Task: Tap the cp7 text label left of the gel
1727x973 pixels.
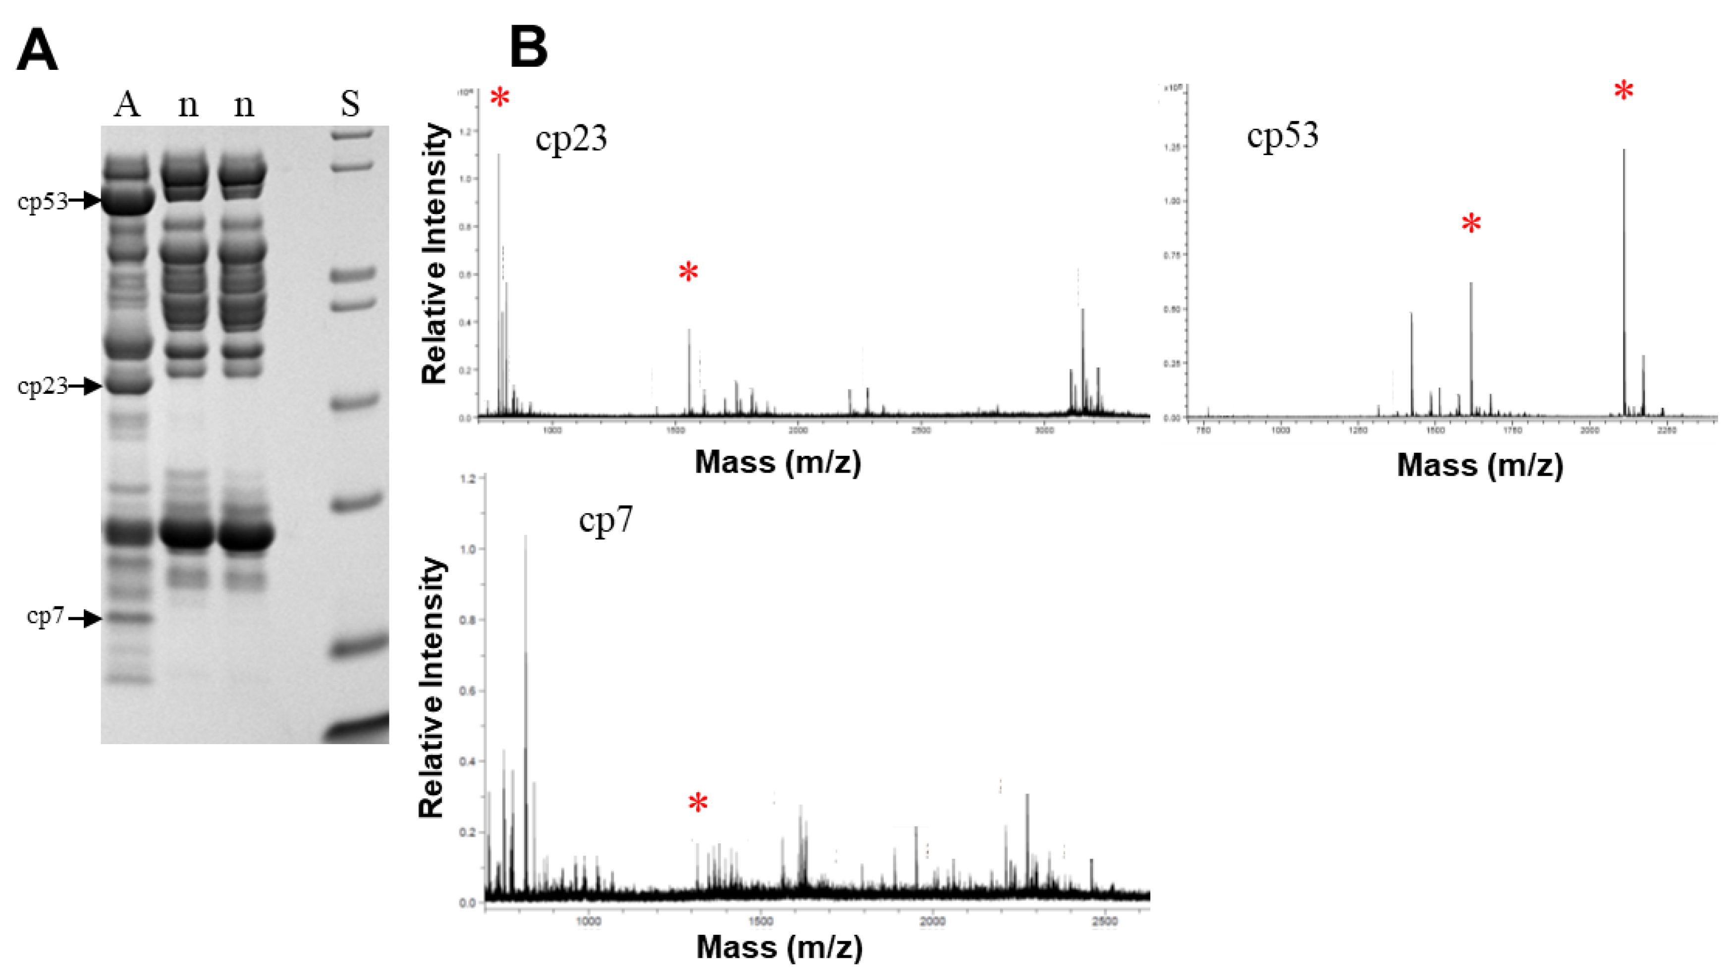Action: point(46,616)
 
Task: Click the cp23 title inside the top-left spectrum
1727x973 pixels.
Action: point(571,139)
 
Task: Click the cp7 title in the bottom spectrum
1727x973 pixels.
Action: point(605,520)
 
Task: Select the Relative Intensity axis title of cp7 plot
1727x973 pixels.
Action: point(432,687)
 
